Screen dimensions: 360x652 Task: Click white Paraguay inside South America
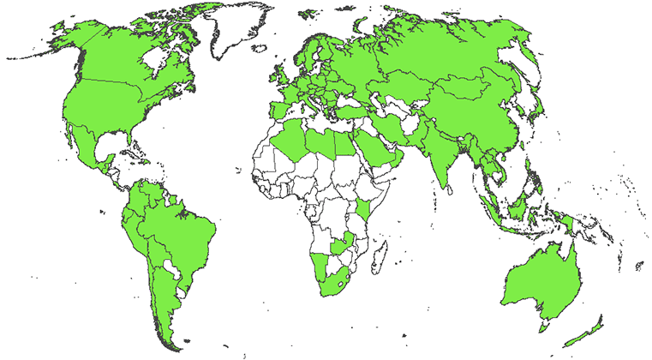[174, 272]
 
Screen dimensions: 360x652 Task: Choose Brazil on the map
[180, 236]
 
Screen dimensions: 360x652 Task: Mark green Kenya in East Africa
[366, 209]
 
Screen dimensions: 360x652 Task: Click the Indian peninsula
[441, 159]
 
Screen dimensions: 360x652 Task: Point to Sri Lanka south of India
[450, 191]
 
